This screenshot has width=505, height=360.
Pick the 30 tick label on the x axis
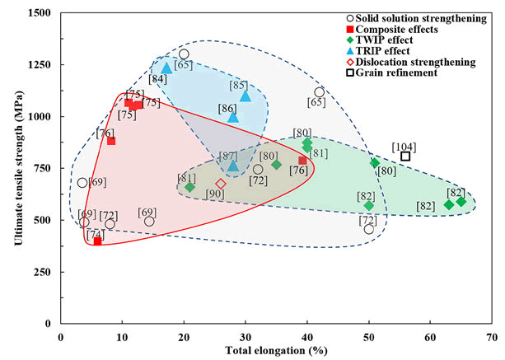click(x=245, y=338)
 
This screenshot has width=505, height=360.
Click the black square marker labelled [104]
click(x=405, y=157)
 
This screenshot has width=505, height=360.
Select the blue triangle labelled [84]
click(x=166, y=68)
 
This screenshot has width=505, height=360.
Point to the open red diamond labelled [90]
click(x=221, y=184)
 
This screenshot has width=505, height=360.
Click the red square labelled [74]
click(x=97, y=241)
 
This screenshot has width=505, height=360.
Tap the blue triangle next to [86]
click(x=233, y=117)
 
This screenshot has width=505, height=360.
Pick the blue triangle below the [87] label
click(x=233, y=166)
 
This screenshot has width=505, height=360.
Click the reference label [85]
click(x=239, y=85)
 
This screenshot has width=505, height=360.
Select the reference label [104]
click(x=404, y=146)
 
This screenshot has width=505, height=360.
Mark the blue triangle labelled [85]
click(x=245, y=96)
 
